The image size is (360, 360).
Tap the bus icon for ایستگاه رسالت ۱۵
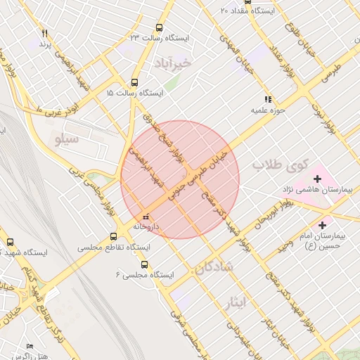coord(135,82)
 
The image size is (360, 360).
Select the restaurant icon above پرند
coord(44,33)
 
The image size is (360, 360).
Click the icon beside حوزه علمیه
coord(267,100)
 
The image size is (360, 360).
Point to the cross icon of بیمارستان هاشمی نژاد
coord(317,179)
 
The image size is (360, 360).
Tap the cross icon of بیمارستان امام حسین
coord(323,226)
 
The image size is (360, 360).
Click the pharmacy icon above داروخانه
coord(146,216)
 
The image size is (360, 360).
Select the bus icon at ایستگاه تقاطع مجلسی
coord(115,237)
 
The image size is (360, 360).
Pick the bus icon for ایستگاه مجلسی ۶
coord(144,265)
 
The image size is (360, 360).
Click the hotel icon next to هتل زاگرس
coord(29,347)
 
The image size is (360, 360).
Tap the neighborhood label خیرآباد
coord(176,62)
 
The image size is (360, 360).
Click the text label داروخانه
coord(149,226)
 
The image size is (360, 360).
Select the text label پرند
coord(44,44)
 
